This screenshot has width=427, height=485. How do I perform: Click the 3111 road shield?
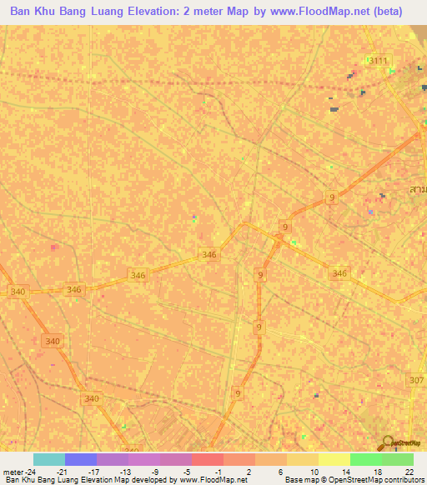pyautogui.click(x=379, y=61)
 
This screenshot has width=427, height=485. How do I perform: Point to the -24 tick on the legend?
pyautogui.click(x=32, y=471)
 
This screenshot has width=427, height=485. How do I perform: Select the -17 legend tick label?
pyautogui.click(x=93, y=471)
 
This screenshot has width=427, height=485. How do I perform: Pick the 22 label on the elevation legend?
pyautogui.click(x=409, y=471)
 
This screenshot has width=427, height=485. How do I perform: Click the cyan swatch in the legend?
pyautogui.click(x=49, y=459)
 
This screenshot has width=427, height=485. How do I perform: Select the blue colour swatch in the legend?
pyautogui.click(x=81, y=459)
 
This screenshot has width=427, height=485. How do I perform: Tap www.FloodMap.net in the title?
pyautogui.click(x=324, y=12)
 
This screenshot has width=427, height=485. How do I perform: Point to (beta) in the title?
pyautogui.click(x=384, y=12)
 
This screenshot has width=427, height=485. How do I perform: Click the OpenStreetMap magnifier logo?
pyautogui.click(x=388, y=444)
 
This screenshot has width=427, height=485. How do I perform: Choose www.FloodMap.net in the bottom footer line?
pyautogui.click(x=214, y=479)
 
